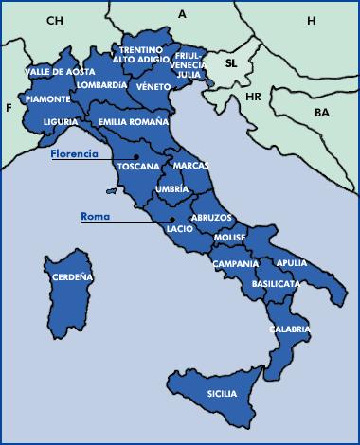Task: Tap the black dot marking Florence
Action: [x=136, y=156]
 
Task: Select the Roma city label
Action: [x=95, y=217]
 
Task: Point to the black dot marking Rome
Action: [x=172, y=218]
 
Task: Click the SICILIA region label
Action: [x=222, y=392]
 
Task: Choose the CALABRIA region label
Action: [x=289, y=329]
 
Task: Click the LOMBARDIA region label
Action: [x=102, y=85]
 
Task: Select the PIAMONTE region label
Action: [x=47, y=98]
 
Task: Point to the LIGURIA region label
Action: [x=61, y=122]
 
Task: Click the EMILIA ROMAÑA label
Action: [x=134, y=122]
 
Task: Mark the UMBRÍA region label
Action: [x=171, y=189]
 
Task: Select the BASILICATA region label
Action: [x=276, y=283]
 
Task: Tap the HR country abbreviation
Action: [x=253, y=97]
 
